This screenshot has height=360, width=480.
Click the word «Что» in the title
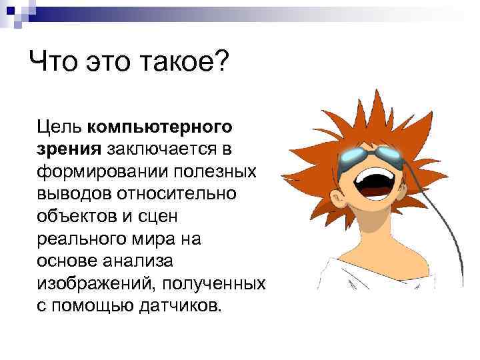pyautogui.click(x=54, y=63)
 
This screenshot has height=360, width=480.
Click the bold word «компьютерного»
pyautogui.click(x=160, y=126)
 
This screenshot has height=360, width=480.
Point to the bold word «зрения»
pyautogui.click(x=66, y=149)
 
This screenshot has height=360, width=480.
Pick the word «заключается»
pyautogui.click(x=168, y=149)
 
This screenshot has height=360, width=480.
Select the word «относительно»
pyautogui.click(x=183, y=194)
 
